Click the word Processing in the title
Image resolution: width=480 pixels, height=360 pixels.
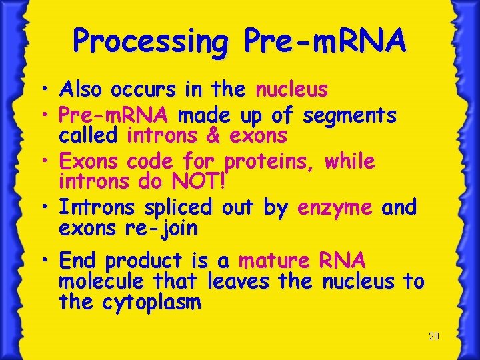tap(150, 41)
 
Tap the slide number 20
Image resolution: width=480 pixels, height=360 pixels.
tap(433, 336)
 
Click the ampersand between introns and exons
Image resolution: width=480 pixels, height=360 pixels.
tap(213, 136)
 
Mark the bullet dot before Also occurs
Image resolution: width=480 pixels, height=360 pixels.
tap(49, 89)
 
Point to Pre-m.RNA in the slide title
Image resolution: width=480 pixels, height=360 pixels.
tap(325, 41)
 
